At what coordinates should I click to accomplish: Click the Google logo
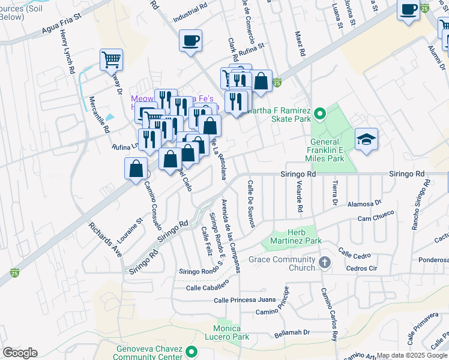click(20, 353)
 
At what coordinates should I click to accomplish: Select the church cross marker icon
click(325, 263)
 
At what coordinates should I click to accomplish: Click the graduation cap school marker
click(366, 139)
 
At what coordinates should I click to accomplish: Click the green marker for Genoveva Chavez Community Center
click(191, 352)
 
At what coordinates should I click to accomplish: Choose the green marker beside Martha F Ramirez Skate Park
click(320, 112)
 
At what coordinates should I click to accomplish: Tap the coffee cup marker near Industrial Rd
click(191, 41)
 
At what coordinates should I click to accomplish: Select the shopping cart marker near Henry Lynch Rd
click(111, 59)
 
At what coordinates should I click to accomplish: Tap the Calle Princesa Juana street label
click(244, 299)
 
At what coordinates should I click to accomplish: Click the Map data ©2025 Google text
click(412, 355)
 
